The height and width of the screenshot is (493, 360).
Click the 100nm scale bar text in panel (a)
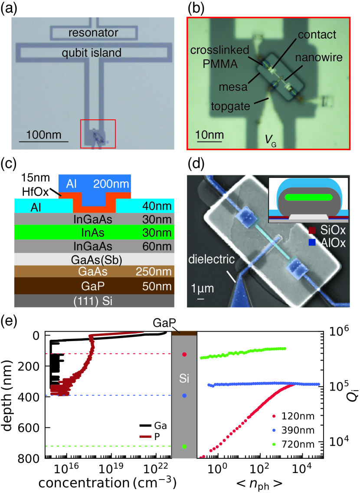43,132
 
